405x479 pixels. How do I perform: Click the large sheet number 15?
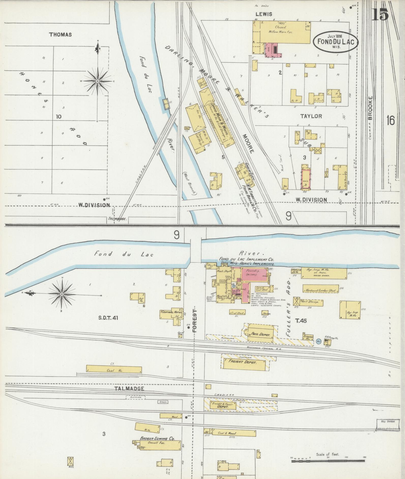(x=380, y=14)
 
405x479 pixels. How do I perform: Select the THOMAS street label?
(x=61, y=35)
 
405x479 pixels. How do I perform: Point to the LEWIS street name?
(x=264, y=14)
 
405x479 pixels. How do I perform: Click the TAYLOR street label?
(x=311, y=116)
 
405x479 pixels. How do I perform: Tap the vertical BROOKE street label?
(x=370, y=108)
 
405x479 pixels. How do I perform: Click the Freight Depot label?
(x=243, y=362)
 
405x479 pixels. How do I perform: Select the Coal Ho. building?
(x=114, y=370)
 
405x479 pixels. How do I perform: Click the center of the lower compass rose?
(x=62, y=294)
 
